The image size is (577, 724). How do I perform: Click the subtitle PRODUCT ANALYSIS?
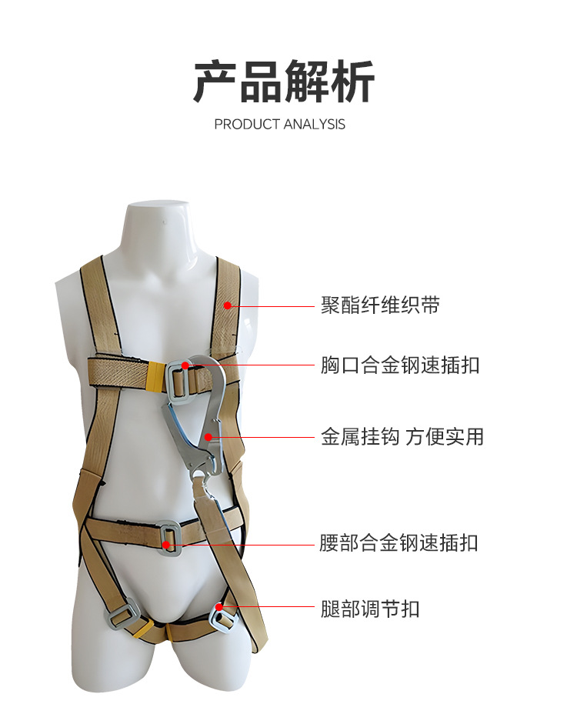tap(280, 124)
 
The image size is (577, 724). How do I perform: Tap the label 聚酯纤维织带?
tap(380, 305)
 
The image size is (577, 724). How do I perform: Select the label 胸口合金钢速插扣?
tap(400, 365)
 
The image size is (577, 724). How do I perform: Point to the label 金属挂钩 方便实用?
tap(402, 437)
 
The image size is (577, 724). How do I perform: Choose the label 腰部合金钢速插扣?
tap(399, 543)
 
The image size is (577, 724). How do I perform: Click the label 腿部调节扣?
tap(370, 609)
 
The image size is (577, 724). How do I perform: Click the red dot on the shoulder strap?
tap(228, 305)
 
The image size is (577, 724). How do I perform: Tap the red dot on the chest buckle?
tap(185, 365)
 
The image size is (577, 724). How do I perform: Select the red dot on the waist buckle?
tap(168, 544)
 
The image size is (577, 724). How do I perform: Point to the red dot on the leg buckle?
tap(219, 608)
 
